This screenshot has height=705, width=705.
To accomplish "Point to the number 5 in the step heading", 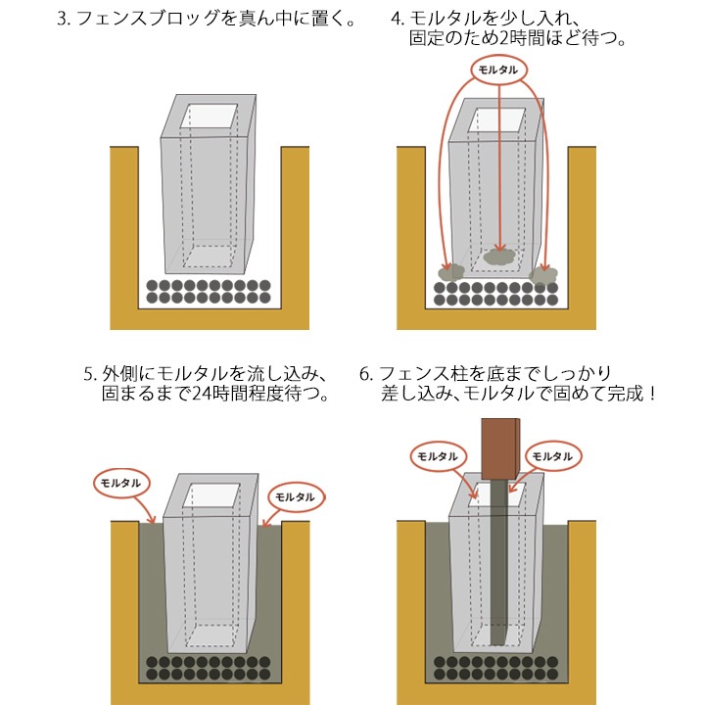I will click(x=89, y=373).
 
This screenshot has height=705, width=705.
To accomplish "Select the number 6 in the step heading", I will click(x=366, y=373).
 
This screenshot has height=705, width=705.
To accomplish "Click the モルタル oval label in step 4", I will click(x=500, y=70).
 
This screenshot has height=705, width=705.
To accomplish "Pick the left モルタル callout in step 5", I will click(x=122, y=483).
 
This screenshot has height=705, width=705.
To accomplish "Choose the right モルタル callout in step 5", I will click(x=295, y=496).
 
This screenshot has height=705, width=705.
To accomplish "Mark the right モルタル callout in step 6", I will click(x=550, y=456).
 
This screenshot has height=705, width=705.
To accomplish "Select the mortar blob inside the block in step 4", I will click(x=500, y=257).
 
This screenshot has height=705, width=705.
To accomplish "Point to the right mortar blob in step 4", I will click(x=543, y=273).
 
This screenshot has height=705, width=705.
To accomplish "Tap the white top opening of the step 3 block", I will click(x=210, y=117).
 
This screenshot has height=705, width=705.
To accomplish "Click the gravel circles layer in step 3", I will click(x=208, y=291).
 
